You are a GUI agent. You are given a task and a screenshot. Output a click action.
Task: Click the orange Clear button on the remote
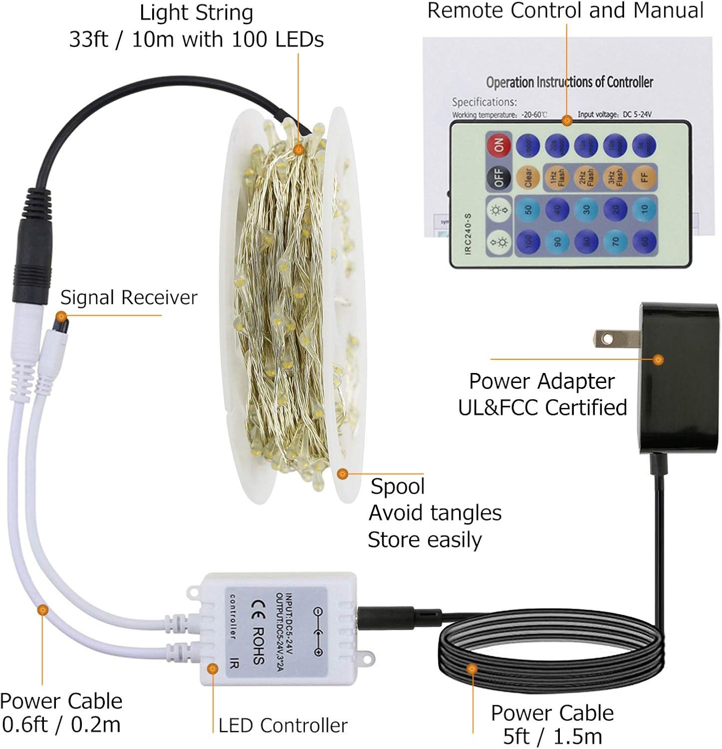point(528,177)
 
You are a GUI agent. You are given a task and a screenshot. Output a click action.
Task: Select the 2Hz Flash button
point(586,177)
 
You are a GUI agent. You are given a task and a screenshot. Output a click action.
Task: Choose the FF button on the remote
point(644,177)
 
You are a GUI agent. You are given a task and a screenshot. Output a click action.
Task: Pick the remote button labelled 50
point(528,210)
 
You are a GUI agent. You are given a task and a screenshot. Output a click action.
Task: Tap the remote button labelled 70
point(615,242)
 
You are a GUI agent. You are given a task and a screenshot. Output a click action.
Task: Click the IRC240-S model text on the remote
point(468,234)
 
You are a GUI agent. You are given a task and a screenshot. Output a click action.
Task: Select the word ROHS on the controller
point(258,646)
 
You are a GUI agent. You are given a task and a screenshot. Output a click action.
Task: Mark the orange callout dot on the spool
point(342,473)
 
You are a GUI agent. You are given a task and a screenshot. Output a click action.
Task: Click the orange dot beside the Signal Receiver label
point(61,316)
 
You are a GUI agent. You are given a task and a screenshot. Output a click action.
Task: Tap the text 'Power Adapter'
point(541,382)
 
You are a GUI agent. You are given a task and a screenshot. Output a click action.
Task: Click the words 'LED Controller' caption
point(283,726)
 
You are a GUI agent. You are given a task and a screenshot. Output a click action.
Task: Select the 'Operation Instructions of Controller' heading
point(569,82)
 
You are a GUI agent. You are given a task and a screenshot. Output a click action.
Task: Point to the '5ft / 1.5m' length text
point(552,737)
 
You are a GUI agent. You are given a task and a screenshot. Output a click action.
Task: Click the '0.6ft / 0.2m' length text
point(61,725)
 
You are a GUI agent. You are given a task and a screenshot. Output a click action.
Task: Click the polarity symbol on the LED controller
point(317,632)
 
